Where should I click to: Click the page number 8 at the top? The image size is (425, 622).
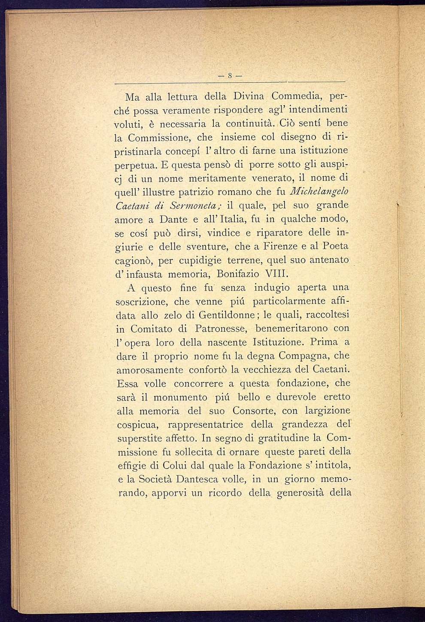tap(230, 76)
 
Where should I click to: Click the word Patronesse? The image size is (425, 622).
tap(219, 328)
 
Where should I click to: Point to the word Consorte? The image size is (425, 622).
tap(254, 411)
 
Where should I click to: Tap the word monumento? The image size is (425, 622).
tap(180, 397)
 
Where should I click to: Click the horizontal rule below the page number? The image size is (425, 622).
tap(230, 82)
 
